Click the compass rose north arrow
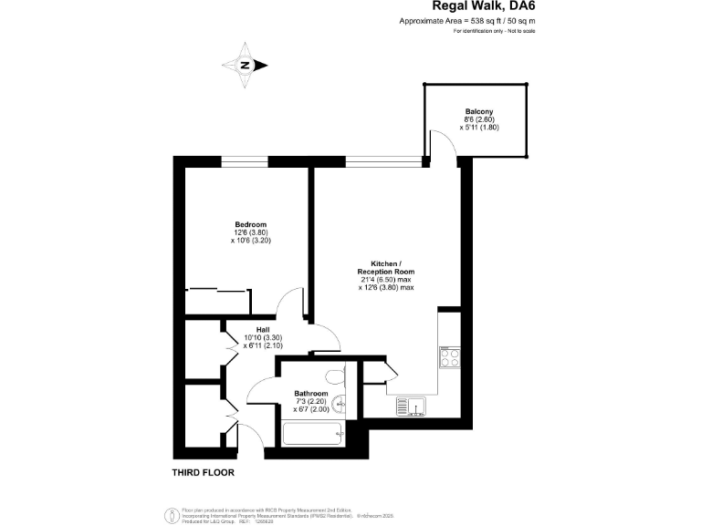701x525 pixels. (246, 65)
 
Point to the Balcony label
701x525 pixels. (479, 112)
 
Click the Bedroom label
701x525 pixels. (250, 225)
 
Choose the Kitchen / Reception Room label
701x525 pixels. (386, 267)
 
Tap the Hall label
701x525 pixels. (262, 330)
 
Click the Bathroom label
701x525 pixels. (310, 394)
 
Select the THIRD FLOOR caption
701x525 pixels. (204, 473)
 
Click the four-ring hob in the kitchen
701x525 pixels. (450, 357)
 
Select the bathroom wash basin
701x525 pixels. (340, 404)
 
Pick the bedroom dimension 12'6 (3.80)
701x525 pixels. (250, 233)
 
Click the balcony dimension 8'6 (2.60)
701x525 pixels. (479, 120)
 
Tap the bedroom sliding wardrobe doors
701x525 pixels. (217, 290)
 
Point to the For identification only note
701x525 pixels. (495, 32)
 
